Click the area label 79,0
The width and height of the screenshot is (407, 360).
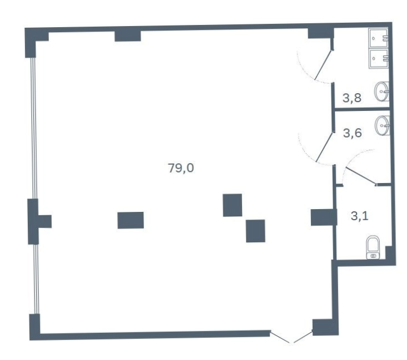180,168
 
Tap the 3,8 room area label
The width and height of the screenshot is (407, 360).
352,98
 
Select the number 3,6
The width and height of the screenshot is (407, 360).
352,133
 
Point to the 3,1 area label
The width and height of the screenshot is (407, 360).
359,216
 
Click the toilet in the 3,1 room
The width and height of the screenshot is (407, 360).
373,247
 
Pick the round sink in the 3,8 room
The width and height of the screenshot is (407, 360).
381,92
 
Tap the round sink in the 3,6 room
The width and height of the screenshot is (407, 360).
383,125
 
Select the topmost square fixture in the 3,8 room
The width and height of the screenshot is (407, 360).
379,38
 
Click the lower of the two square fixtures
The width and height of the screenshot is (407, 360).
379,59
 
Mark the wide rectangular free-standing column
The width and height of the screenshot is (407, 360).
130,220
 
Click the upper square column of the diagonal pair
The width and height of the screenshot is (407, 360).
233,205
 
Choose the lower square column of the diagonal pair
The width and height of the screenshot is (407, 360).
255,231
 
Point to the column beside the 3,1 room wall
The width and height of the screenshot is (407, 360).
324,217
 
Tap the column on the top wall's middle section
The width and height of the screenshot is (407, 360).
128,36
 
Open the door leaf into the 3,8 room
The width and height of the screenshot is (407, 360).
323,65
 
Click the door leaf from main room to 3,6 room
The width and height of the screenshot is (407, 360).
324,147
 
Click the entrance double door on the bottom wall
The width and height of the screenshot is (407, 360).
292,337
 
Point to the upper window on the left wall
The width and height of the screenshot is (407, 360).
33,128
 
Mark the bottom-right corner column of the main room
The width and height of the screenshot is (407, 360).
325,327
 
